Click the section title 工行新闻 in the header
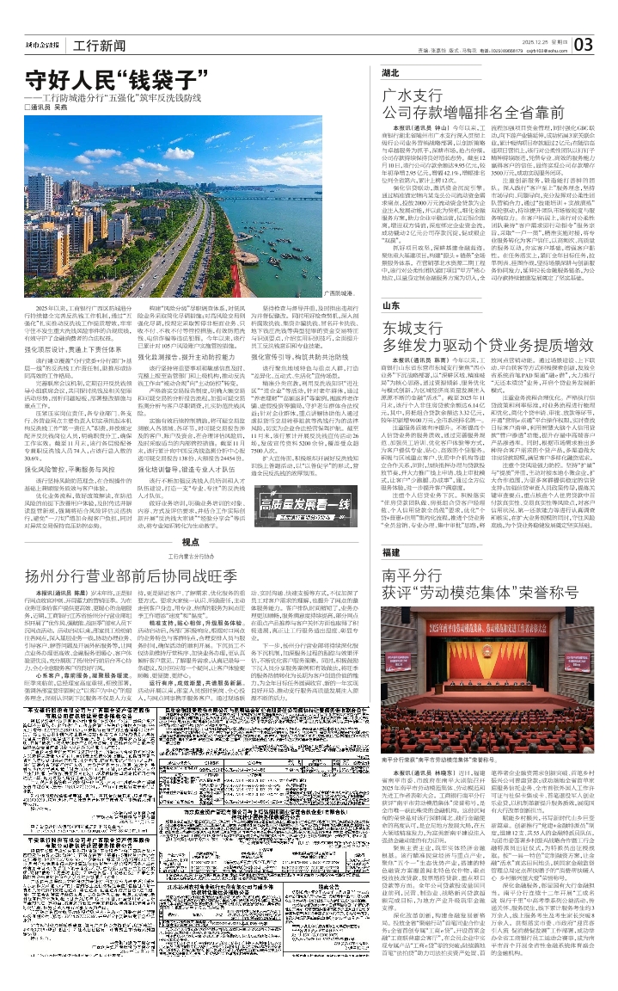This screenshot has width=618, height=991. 95,45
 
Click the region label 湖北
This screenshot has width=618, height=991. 391,74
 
